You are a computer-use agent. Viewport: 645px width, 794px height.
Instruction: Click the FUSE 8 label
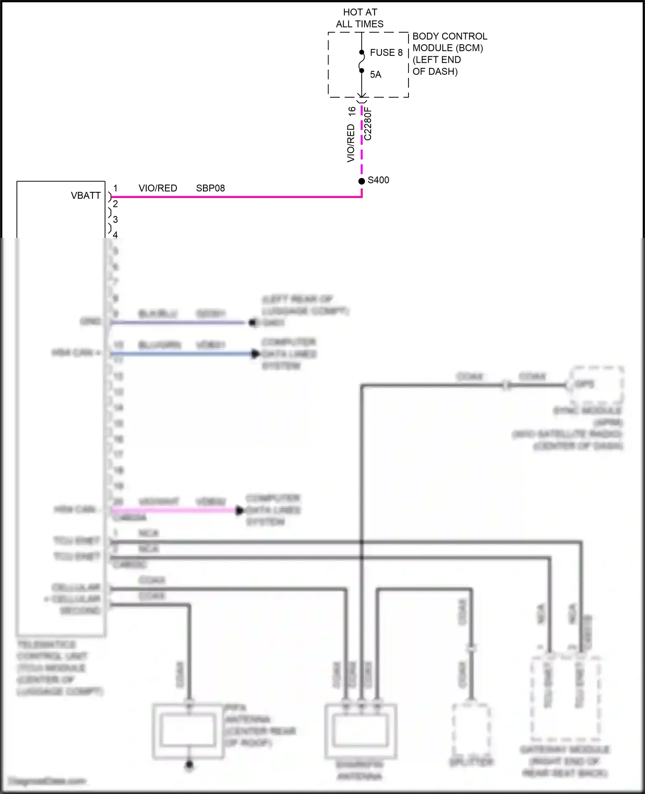click(386, 52)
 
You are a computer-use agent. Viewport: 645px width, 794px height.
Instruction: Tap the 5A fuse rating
click(375, 75)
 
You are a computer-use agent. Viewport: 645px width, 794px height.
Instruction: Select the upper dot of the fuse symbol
click(362, 52)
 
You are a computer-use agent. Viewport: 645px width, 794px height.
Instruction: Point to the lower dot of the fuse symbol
click(362, 71)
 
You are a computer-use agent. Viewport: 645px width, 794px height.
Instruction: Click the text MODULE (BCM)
click(448, 48)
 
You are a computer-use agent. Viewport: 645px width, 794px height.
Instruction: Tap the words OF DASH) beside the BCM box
click(435, 71)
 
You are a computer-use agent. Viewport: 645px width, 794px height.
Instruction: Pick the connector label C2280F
click(368, 124)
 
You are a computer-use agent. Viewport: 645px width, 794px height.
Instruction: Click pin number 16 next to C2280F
click(352, 111)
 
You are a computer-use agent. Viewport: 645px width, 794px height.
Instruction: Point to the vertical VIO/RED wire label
click(351, 143)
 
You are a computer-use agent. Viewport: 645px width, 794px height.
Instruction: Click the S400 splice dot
click(362, 181)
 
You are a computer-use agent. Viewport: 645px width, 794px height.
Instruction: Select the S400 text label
click(378, 180)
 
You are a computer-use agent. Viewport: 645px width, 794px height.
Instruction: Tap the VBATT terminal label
click(86, 196)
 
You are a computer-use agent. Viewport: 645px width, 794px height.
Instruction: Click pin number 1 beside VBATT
click(115, 188)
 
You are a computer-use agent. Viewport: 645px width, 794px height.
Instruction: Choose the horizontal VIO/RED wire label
click(158, 188)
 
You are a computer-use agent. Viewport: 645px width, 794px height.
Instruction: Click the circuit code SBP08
click(210, 188)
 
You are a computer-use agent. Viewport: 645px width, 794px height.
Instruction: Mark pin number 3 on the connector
click(115, 219)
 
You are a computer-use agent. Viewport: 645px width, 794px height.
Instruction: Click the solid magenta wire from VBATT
click(236, 197)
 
